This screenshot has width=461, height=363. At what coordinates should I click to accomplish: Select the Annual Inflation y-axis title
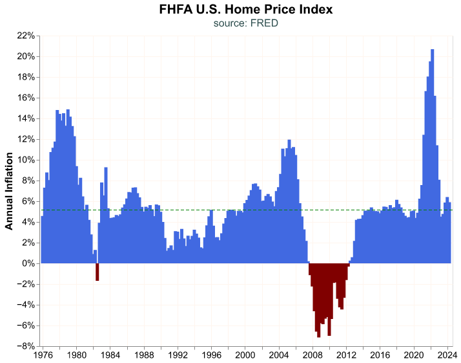click(9, 191)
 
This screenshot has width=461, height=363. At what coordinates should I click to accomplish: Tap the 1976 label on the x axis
click(43, 355)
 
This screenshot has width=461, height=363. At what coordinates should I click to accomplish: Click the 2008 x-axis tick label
click(312, 355)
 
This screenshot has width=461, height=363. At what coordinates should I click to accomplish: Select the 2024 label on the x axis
click(447, 355)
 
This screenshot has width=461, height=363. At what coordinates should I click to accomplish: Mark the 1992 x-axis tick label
click(178, 355)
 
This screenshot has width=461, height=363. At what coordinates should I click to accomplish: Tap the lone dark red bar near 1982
click(97, 272)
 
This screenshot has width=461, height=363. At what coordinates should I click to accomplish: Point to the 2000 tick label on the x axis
click(245, 355)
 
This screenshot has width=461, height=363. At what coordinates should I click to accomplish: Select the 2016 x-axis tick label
click(380, 355)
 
